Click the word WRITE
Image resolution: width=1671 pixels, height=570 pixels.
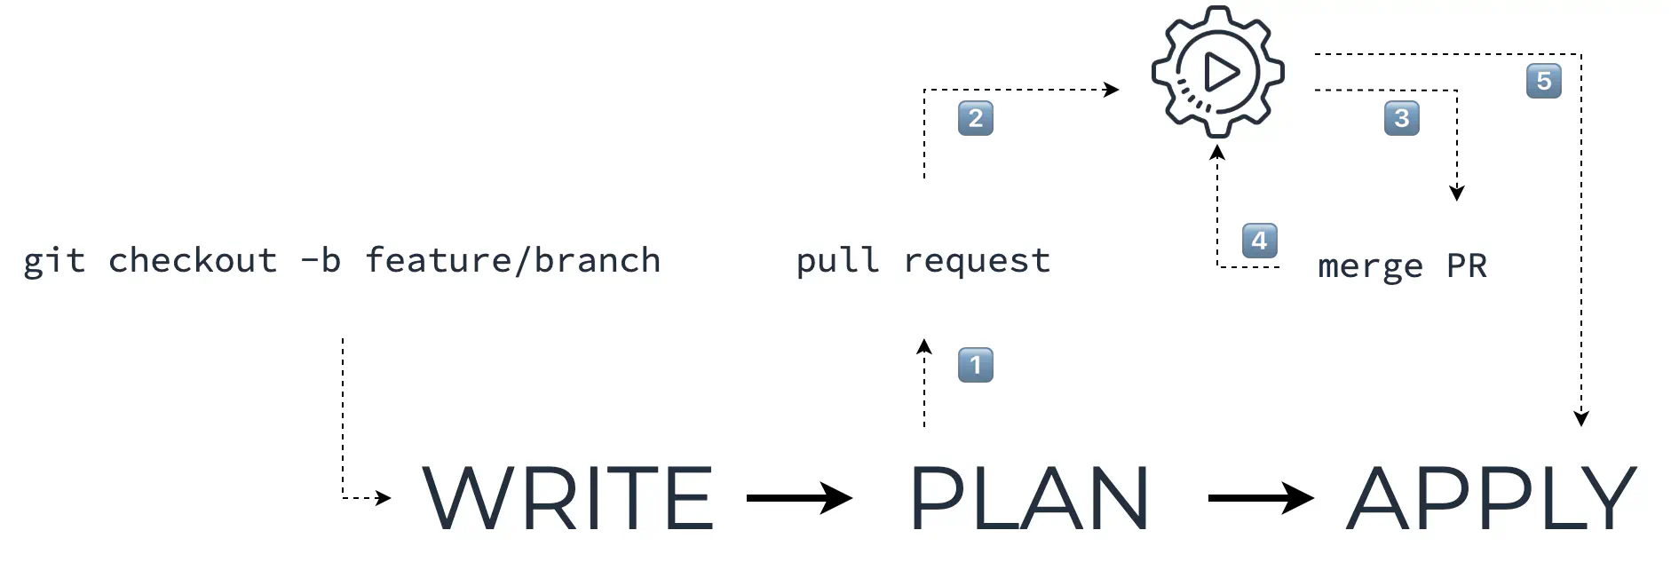tap(567, 498)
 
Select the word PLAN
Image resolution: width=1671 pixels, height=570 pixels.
tap(1029, 498)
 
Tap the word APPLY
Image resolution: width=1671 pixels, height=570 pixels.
tap(1492, 498)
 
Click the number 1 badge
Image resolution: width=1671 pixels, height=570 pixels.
tap(975, 365)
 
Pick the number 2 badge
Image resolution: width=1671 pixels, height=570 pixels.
tap(975, 118)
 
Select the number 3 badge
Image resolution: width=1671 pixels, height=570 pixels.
tap(1401, 118)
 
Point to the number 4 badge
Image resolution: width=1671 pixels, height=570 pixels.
tap(1259, 241)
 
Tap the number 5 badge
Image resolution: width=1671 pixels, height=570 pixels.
tap(1543, 81)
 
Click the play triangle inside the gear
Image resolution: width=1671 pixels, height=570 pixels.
tap(1221, 72)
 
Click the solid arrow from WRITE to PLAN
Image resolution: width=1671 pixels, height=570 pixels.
tap(799, 498)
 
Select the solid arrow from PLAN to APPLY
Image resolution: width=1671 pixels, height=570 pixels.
tap(1261, 498)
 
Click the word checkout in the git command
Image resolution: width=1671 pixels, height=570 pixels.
tap(193, 261)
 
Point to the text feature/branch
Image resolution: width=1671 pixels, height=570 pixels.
tap(513, 261)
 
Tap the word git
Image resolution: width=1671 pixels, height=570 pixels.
tap(54, 261)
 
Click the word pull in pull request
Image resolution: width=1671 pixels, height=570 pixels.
tap(837, 261)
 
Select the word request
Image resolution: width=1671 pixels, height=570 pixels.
tap(977, 261)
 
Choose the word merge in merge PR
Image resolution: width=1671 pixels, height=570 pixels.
tap(1370, 266)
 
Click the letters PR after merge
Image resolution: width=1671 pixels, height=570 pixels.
tap(1467, 265)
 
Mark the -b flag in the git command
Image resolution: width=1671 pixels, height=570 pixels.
tap(321, 261)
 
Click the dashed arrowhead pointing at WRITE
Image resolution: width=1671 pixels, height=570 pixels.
tap(384, 498)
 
